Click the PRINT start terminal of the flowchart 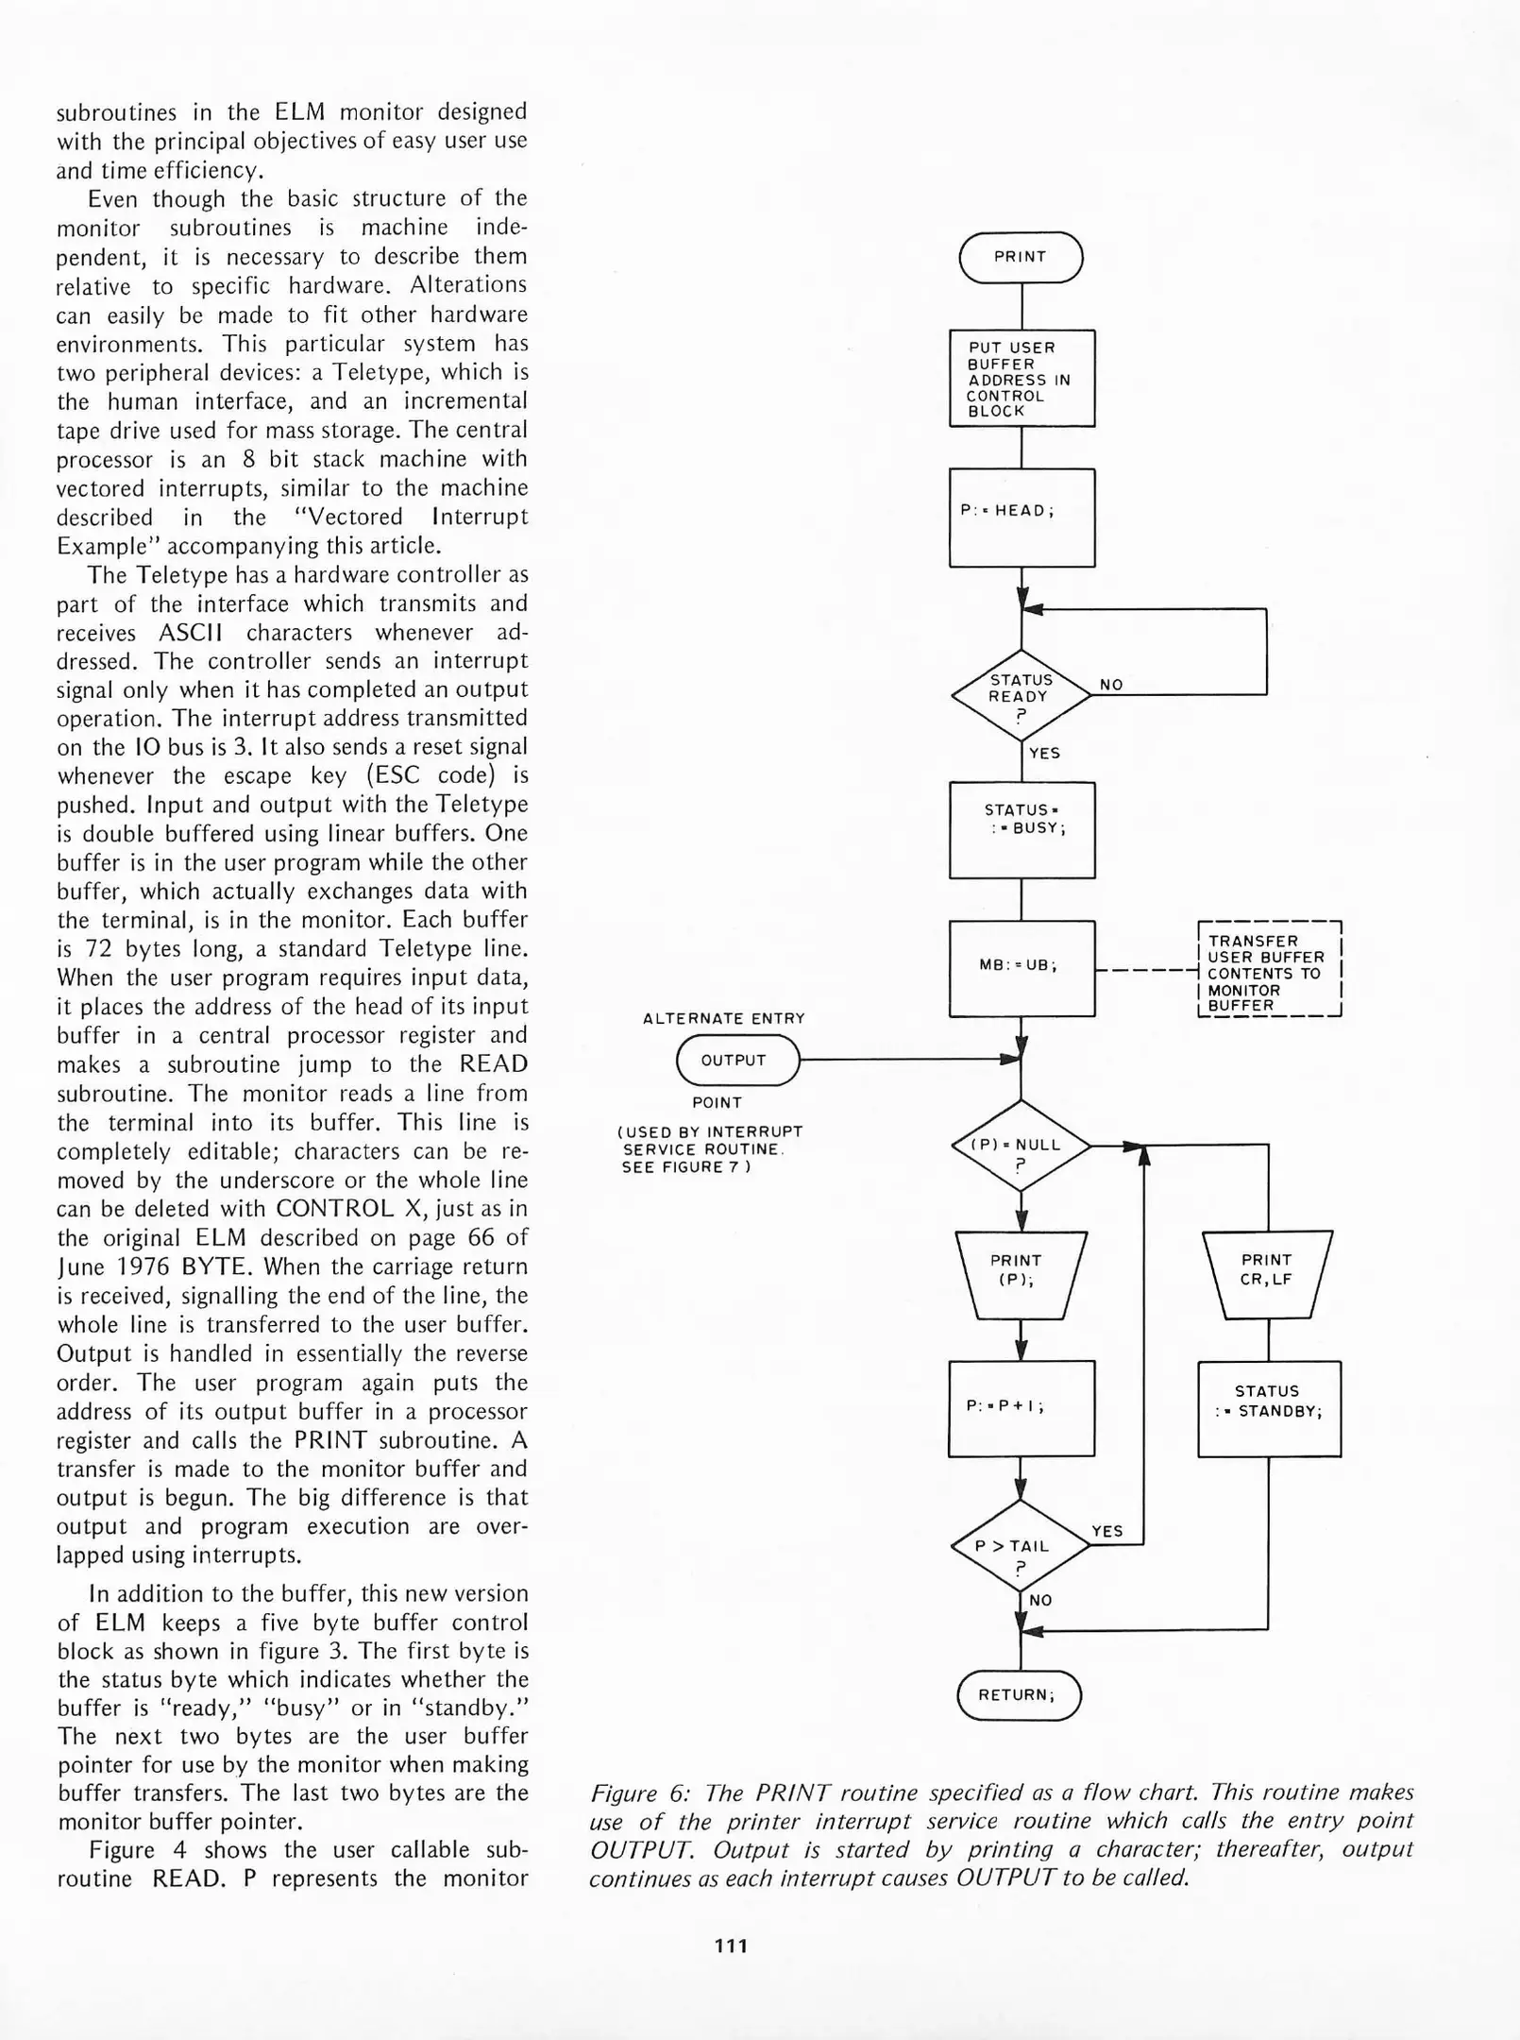click(1021, 257)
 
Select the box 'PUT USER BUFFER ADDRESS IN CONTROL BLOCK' click(1022, 379)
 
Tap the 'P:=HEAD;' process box click(1022, 518)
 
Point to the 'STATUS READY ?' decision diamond click(1021, 695)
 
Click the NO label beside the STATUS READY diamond click(1111, 685)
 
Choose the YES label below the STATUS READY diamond click(1044, 753)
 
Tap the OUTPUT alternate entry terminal click(737, 1061)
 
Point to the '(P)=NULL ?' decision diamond click(1021, 1146)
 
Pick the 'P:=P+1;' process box click(1021, 1408)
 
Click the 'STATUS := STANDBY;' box click(1269, 1408)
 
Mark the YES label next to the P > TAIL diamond click(1107, 1531)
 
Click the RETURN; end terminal click(1019, 1695)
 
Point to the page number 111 click(732, 1946)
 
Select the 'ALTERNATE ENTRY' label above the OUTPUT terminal click(723, 1018)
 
